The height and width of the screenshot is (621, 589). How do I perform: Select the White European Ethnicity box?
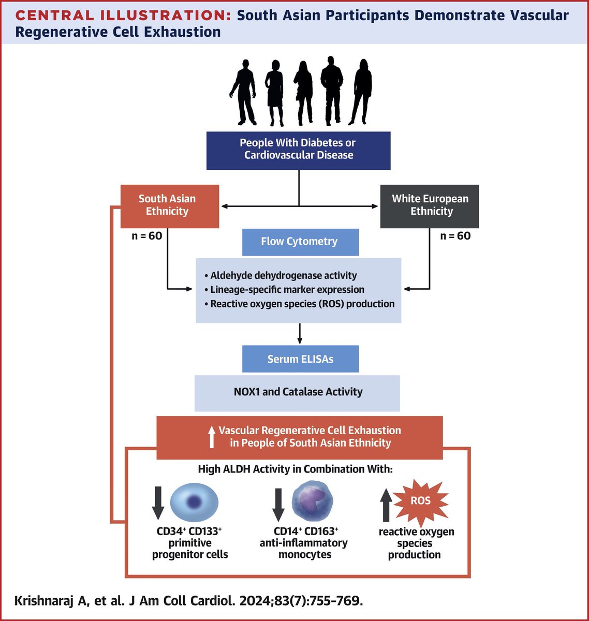tap(429, 205)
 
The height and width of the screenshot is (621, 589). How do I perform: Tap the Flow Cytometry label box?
tap(300, 242)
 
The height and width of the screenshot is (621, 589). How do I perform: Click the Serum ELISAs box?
tap(300, 359)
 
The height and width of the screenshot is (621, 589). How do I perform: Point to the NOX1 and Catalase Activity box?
tap(297, 392)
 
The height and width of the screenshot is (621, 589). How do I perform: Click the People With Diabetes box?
tap(298, 149)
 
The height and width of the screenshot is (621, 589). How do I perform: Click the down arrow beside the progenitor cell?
tap(158, 501)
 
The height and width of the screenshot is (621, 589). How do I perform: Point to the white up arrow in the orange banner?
tap(211, 437)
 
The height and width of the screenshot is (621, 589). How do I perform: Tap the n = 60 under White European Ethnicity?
tap(455, 236)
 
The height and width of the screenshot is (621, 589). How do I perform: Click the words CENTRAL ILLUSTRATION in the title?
tap(123, 16)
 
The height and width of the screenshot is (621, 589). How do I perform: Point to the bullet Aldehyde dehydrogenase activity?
tap(283, 276)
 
